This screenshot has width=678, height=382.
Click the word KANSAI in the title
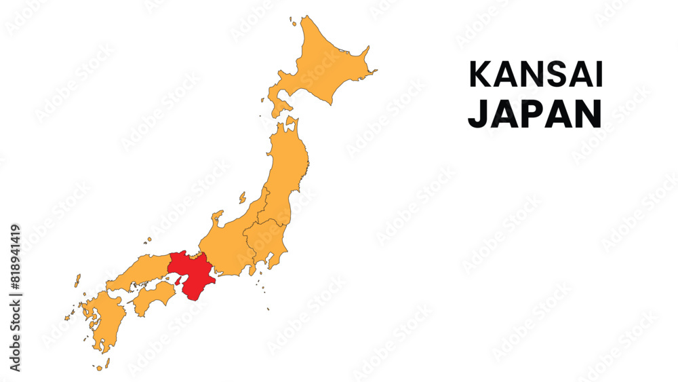pyautogui.click(x=536, y=75)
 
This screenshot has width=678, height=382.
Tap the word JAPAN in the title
pyautogui.click(x=534, y=115)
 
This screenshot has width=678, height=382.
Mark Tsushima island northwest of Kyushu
pyautogui.click(x=77, y=280)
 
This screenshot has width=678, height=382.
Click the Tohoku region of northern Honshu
pyautogui.click(x=288, y=163)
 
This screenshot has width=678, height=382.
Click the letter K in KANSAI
pyautogui.click(x=479, y=75)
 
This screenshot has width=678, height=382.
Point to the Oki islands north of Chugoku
pyautogui.click(x=148, y=240)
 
